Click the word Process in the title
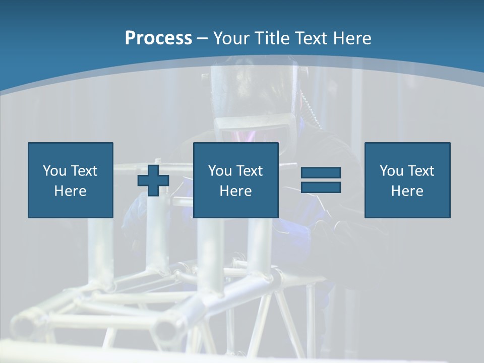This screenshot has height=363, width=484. tap(158, 38)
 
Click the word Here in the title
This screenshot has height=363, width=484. tap(352, 38)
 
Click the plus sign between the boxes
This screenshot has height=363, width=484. tap(153, 180)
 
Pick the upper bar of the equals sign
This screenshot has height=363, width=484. tap(321, 172)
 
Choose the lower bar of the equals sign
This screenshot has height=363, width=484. tap(321, 187)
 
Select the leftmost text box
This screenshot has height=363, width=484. tap(71, 180)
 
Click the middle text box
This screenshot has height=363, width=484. tap(235, 180)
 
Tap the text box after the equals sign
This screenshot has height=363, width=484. tap(407, 180)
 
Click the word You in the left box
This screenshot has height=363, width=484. tap(54, 171)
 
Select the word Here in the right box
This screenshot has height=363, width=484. tap(407, 191)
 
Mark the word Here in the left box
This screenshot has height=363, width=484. tap(71, 191)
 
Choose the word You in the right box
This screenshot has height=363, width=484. tap(391, 171)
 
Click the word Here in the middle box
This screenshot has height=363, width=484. tap(235, 191)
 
